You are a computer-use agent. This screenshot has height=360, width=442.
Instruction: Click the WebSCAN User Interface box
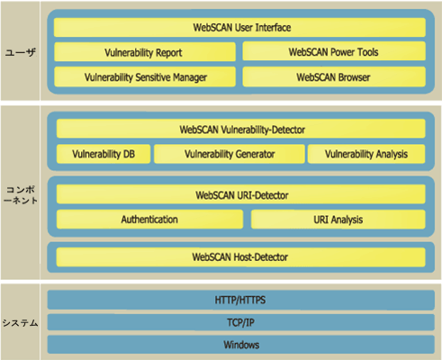pyautogui.click(x=239, y=27)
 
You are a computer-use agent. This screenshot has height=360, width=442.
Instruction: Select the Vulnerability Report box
pyautogui.click(x=145, y=52)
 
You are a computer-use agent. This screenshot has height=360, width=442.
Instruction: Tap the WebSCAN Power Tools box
pyautogui.click(x=334, y=51)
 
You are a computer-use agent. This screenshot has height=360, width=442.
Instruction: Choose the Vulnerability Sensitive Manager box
pyautogui.click(x=145, y=76)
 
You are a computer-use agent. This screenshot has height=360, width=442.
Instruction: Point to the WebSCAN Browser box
pyautogui.click(x=334, y=76)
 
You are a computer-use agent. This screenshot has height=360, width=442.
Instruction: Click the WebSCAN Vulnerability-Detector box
pyautogui.click(x=241, y=129)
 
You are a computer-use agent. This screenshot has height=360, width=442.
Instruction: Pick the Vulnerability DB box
pyautogui.click(x=104, y=154)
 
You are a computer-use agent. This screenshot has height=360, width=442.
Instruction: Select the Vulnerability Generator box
pyautogui.click(x=230, y=154)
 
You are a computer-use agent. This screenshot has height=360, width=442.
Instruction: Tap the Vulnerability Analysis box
pyautogui.click(x=366, y=154)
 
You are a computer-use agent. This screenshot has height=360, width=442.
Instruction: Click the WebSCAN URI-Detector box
pyautogui.click(x=241, y=194)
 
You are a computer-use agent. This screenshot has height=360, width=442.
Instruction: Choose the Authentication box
pyautogui.click(x=149, y=220)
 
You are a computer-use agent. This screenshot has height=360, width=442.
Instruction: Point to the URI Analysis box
pyautogui.click(x=338, y=220)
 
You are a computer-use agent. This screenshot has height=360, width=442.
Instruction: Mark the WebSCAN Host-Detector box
pyautogui.click(x=240, y=257)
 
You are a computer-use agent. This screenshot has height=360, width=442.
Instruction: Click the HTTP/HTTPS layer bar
pyautogui.click(x=241, y=300)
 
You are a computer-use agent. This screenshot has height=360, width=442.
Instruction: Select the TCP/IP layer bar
pyautogui.click(x=241, y=322)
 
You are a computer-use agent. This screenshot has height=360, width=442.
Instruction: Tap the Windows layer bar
pyautogui.click(x=241, y=345)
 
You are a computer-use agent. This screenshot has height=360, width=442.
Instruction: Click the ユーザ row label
pyautogui.click(x=20, y=53)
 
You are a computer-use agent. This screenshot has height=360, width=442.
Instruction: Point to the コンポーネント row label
pyautogui.click(x=21, y=195)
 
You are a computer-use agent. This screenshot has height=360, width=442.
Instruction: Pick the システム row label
pyautogui.click(x=20, y=323)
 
